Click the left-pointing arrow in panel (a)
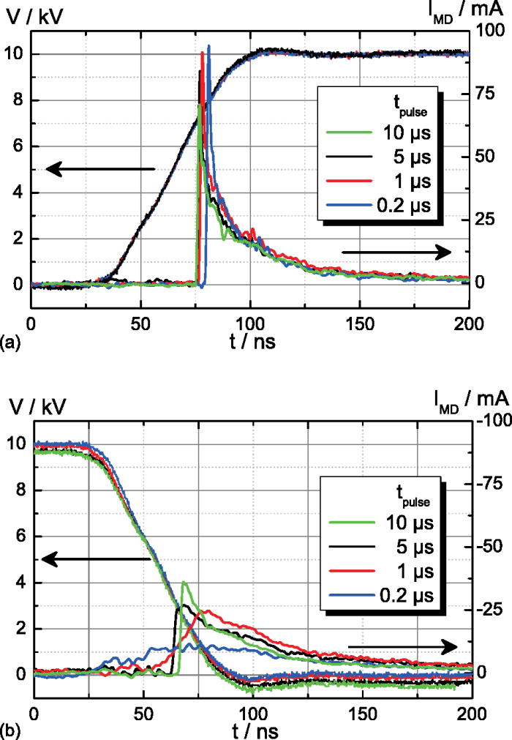(100, 169)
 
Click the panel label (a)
(12, 341)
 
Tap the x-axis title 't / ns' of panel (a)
(250, 340)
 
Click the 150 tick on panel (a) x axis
(360, 321)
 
